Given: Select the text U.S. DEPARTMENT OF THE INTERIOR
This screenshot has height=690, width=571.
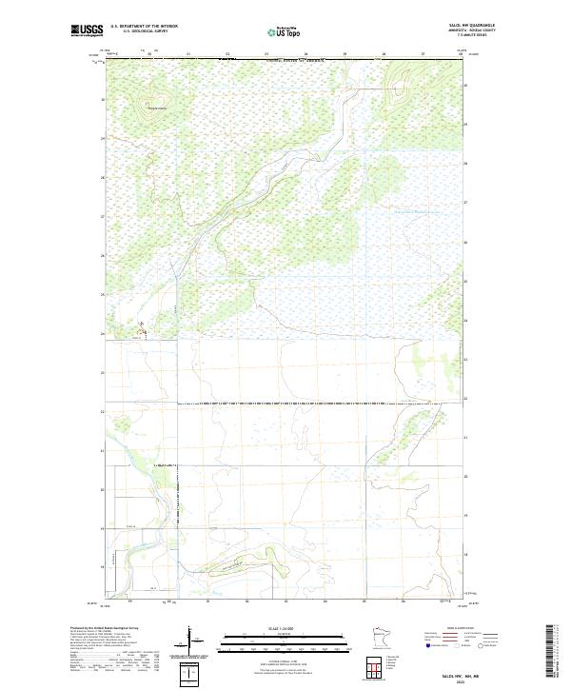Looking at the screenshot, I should (x=144, y=26).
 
